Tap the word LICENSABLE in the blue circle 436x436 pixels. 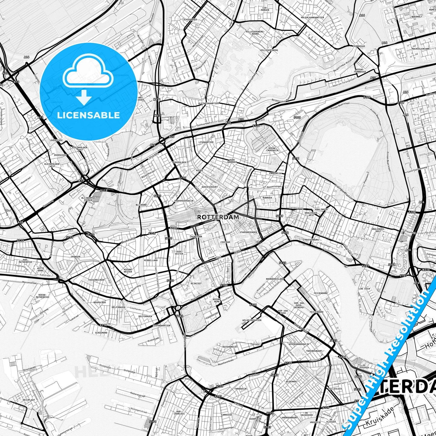(88, 115)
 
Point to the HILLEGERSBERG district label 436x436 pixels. (269, 50)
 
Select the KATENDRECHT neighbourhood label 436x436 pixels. (230, 347)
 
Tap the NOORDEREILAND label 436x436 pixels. (275, 279)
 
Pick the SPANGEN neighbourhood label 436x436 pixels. (76, 257)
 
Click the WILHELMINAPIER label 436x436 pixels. (252, 320)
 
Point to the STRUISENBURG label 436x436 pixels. (311, 240)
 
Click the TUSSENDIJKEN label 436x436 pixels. (96, 280)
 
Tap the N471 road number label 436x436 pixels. (157, 99)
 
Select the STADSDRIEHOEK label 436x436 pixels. (248, 232)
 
